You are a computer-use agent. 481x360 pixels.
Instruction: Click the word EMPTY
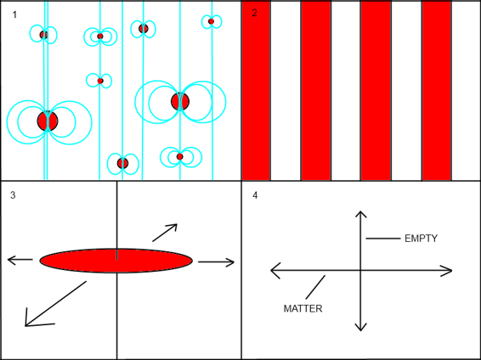(421, 239)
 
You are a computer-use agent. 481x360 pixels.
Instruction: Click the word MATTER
(303, 308)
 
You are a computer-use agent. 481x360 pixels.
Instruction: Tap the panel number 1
(14, 14)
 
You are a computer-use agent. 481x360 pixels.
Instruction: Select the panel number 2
(254, 13)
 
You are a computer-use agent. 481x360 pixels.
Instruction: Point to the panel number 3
(13, 195)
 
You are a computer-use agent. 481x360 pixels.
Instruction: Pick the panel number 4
(255, 195)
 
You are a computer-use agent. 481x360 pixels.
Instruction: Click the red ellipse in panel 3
(116, 261)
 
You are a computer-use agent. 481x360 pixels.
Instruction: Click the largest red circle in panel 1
(48, 121)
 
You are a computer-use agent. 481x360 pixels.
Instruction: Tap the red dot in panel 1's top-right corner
(211, 21)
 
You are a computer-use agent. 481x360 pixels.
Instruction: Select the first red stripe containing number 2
(256, 91)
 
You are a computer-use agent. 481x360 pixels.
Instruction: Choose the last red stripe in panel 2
(437, 91)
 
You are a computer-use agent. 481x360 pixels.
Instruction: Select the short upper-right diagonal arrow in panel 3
(165, 233)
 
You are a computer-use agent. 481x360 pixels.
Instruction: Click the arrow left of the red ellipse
(20, 260)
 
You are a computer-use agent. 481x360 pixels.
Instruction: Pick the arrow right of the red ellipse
(216, 262)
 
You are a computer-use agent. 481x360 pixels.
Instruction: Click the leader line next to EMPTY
(383, 239)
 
